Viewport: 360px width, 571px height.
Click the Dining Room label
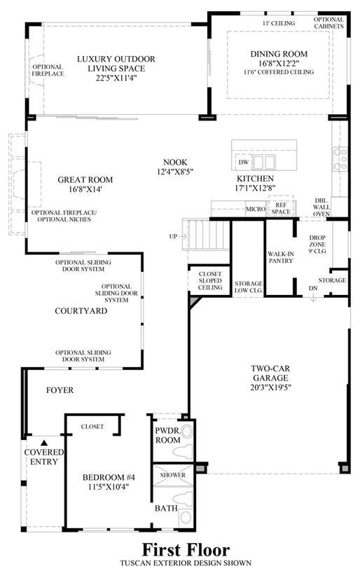[279, 54]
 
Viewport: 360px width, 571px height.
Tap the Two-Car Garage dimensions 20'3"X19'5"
[270, 387]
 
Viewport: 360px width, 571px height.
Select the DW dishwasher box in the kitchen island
[244, 162]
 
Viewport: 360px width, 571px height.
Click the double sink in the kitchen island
[263, 162]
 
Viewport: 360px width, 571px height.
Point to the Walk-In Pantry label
[281, 257]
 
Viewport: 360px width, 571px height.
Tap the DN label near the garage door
[313, 288]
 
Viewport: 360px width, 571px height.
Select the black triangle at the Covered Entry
[44, 443]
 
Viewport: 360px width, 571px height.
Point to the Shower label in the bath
[172, 475]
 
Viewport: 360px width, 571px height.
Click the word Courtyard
[81, 310]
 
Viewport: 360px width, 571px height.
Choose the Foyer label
[60, 390]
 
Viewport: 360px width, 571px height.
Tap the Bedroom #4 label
[109, 477]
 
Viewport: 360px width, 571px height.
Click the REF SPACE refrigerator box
[281, 208]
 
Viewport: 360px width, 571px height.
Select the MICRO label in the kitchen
[256, 209]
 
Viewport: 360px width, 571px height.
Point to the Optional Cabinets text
[328, 22]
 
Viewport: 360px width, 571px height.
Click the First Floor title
[186, 549]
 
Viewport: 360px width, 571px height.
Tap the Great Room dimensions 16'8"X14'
[85, 189]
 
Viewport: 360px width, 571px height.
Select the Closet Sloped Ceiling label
[210, 280]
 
